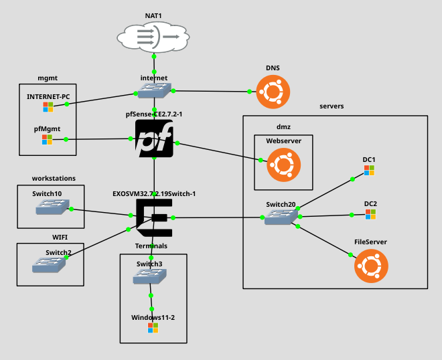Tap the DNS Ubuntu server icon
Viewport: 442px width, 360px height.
[x=273, y=91]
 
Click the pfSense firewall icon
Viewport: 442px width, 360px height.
[x=154, y=139]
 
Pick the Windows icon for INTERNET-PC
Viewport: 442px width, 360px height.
[x=48, y=106]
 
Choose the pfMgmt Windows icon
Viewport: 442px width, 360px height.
[x=47, y=139]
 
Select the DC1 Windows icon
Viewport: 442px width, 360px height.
[x=369, y=171]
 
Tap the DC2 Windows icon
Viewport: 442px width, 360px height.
[x=370, y=214]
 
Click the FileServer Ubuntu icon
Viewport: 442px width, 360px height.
[x=370, y=265]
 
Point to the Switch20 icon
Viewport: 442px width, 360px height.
[x=281, y=216]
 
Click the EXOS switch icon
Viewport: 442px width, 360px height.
[x=154, y=217]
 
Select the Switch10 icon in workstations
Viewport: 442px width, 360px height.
[x=51, y=208]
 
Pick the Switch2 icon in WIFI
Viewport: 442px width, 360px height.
[x=49, y=264]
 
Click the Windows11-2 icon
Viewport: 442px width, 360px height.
[x=153, y=328]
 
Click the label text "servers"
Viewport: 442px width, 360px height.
[x=331, y=106]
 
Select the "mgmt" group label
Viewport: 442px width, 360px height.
[x=47, y=78]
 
